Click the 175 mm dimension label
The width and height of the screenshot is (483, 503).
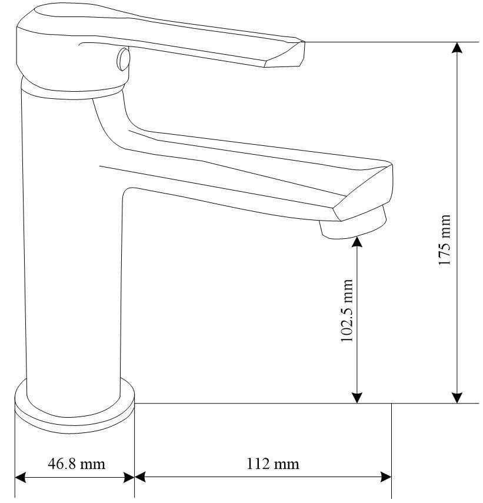coord(445,240)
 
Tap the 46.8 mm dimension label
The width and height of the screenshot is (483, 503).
coord(76,464)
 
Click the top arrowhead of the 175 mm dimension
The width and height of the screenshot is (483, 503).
coord(457,48)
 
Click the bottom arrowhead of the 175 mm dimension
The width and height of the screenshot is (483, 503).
coord(457,397)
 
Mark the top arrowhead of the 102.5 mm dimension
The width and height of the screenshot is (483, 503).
coord(357,242)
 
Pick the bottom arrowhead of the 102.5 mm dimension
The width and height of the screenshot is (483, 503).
coord(357,397)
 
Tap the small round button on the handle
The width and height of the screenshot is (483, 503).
coord(123,59)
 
